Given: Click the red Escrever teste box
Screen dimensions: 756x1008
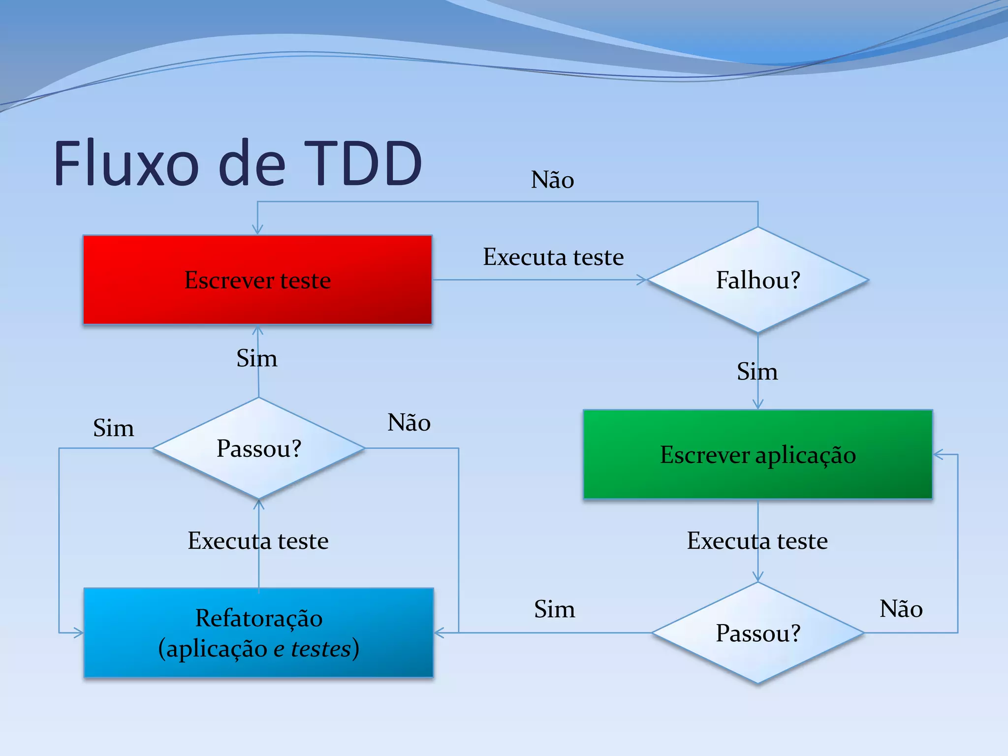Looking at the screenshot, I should coord(257,280).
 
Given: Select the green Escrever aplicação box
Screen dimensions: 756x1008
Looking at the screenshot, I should coord(757,454).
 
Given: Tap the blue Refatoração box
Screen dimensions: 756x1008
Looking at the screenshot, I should coord(258,632).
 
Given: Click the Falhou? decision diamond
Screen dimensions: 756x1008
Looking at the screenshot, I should coord(757,280).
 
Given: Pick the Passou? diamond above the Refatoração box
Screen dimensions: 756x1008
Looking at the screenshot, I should coord(258,448).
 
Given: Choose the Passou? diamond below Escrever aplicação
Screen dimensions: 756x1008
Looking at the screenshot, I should coord(757,632).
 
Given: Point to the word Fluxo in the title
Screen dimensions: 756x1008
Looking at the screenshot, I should coord(126,163).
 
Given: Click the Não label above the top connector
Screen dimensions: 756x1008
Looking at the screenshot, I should coord(552,180).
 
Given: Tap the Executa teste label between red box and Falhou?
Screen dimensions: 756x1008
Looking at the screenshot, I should coord(553,257).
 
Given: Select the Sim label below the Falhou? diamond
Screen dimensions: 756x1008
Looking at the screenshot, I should coord(757,372).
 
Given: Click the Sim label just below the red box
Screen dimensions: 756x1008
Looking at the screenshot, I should coord(256,358).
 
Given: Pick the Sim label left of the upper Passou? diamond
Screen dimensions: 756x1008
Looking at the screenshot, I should coord(113,428).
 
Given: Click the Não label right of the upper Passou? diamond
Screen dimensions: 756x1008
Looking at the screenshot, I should coord(409,423).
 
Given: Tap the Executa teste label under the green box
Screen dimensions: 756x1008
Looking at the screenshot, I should coord(757,541).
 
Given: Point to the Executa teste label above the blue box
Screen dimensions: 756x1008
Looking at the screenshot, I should coord(258,541).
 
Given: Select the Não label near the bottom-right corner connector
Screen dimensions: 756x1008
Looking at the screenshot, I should coord(901,609).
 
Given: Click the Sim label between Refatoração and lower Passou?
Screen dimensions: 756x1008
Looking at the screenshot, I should coord(554,609).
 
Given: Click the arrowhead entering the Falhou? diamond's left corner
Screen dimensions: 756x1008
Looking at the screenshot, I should coord(642,280).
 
